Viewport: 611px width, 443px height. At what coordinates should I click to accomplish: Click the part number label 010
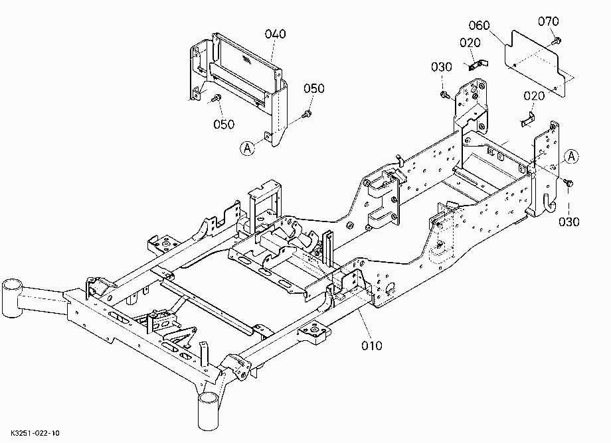(x=372, y=346)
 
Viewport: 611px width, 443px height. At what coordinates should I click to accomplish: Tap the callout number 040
(x=275, y=34)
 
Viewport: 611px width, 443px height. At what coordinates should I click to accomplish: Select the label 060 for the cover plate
(x=479, y=25)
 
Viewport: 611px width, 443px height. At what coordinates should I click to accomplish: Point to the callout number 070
(x=549, y=21)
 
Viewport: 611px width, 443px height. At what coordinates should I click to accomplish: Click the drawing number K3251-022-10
(x=35, y=433)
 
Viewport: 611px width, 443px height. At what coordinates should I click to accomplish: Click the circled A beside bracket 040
(x=247, y=148)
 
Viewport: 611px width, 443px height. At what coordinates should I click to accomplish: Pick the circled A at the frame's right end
(x=571, y=157)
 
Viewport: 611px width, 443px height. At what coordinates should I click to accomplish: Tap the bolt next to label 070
(x=557, y=40)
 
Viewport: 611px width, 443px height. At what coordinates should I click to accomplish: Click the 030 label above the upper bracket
(x=441, y=67)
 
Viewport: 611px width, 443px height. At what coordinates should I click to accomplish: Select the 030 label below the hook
(x=569, y=221)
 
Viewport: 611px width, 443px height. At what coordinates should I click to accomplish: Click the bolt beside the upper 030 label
(x=444, y=94)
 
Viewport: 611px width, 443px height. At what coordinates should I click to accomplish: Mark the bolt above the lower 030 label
(x=568, y=182)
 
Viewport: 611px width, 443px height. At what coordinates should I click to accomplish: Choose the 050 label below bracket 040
(x=224, y=124)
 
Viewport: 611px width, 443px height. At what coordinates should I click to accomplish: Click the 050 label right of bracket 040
(x=313, y=88)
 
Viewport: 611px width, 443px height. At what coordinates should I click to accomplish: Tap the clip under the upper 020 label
(x=478, y=64)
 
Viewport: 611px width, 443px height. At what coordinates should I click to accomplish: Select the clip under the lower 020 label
(x=527, y=119)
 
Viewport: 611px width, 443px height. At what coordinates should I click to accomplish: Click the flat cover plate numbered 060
(x=535, y=62)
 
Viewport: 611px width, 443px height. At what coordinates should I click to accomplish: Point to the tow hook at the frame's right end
(x=550, y=204)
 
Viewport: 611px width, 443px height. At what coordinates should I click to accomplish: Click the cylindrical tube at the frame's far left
(x=12, y=298)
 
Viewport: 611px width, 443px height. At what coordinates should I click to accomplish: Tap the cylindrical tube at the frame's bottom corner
(x=208, y=411)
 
